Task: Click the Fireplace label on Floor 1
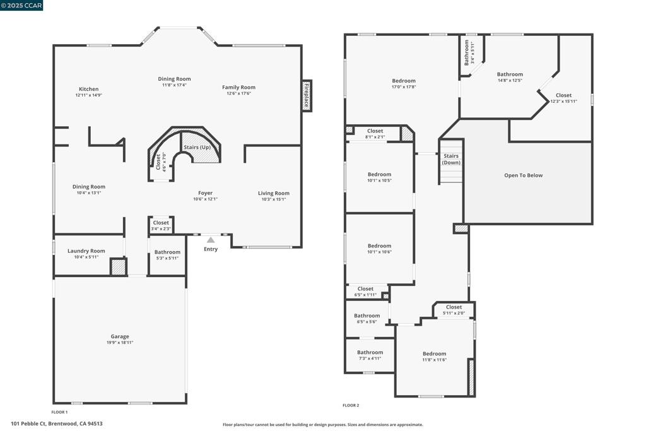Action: coord(307,95)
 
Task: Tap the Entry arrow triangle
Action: coord(211,240)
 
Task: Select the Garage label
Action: coord(120,336)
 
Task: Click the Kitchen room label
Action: coord(88,89)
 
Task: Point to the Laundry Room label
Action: coord(86,251)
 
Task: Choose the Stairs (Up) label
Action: coord(197,147)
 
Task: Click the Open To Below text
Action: coord(523,175)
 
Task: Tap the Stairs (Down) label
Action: coord(451,159)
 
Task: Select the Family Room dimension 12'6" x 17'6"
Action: coord(238,93)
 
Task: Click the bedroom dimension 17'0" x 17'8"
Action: coord(404,86)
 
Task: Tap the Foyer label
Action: coord(205,193)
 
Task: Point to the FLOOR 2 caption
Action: coord(351,405)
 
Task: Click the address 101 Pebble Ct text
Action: coord(57,423)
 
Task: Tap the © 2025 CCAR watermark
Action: coord(22,5)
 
